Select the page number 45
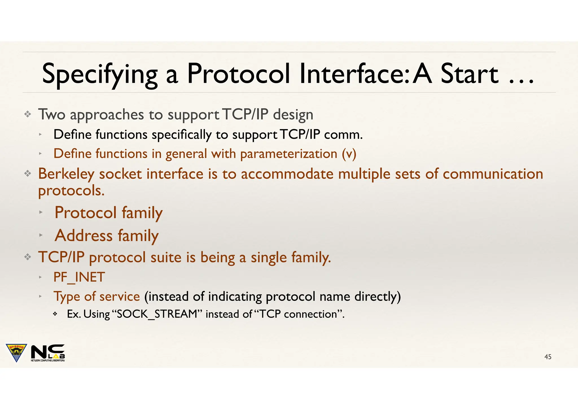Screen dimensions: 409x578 click(x=548, y=357)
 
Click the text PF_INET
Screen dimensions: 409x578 click(x=79, y=277)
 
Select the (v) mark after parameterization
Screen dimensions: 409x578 click(x=349, y=154)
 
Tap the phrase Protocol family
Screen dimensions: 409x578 click(x=109, y=213)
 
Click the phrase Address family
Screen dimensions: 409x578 click(x=107, y=236)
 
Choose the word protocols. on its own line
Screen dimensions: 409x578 click(x=71, y=191)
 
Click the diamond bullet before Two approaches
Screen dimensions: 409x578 click(x=27, y=114)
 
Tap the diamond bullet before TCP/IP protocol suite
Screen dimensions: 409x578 click(x=27, y=257)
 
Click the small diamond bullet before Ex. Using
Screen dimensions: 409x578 click(x=55, y=314)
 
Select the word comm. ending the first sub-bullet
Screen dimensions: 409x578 click(x=343, y=135)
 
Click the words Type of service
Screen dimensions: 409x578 click(x=97, y=297)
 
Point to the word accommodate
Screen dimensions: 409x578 click(x=287, y=174)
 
